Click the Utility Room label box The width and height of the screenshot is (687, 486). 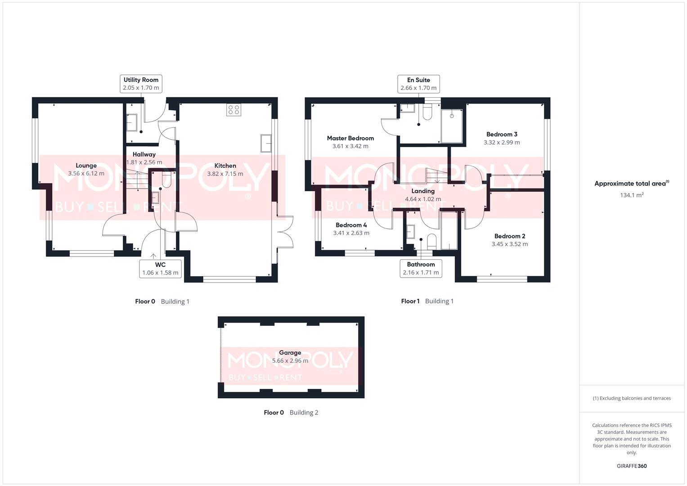141,84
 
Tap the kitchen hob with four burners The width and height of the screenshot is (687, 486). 233,110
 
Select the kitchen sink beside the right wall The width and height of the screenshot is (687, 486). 265,144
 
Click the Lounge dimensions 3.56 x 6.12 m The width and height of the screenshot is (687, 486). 86,173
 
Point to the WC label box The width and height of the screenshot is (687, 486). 160,269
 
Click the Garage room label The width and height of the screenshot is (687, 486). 290,353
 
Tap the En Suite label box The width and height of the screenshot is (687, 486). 418,84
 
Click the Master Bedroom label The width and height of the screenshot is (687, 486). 350,138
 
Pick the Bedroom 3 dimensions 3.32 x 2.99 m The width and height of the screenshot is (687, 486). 502,142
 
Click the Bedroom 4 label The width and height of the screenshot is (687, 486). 351,225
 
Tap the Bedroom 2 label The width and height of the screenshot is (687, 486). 509,236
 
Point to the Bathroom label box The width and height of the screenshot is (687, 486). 421,269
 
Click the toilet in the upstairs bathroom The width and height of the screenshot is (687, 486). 431,241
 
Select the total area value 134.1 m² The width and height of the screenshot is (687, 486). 631,195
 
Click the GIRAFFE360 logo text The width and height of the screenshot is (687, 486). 631,466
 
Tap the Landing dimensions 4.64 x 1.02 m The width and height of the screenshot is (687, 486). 422,199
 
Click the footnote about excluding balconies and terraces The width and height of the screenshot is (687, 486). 631,398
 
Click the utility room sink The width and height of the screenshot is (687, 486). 132,122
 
